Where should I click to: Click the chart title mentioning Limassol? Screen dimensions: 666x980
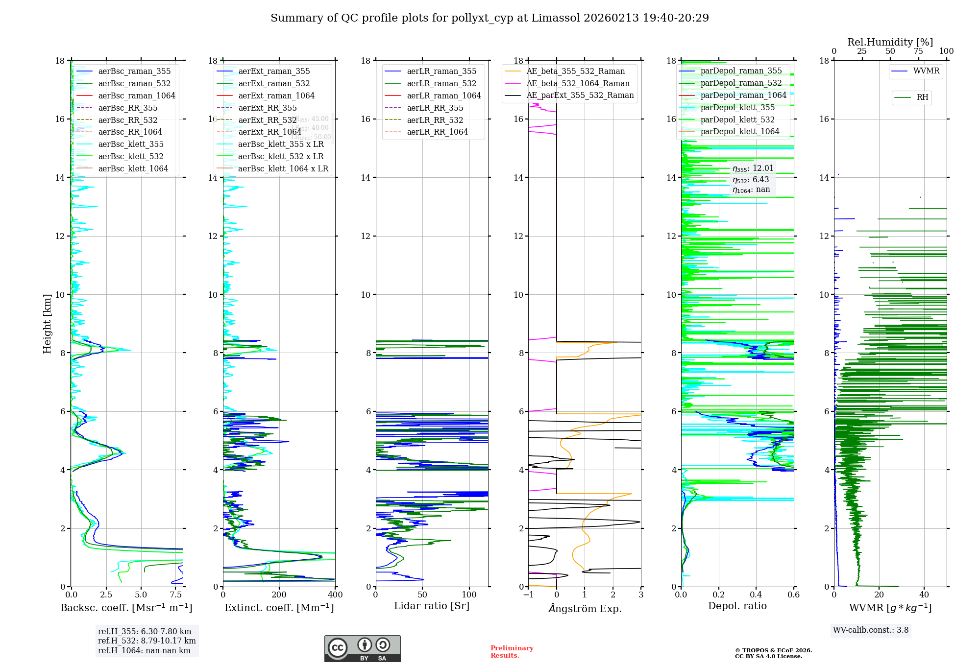[x=490, y=18]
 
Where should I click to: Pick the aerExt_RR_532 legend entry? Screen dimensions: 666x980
[x=267, y=120]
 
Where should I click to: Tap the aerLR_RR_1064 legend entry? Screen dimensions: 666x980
[x=437, y=132]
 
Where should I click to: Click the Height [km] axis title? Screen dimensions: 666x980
[x=47, y=323]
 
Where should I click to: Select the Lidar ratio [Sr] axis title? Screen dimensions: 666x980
[x=432, y=606]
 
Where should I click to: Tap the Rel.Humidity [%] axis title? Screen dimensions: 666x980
[x=890, y=42]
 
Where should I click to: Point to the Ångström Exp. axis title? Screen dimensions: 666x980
[x=585, y=608]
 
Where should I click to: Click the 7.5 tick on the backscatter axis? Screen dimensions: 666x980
[x=176, y=595]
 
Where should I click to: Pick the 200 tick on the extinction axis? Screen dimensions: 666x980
[x=279, y=595]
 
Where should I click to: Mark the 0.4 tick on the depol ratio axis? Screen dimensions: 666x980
[x=756, y=595]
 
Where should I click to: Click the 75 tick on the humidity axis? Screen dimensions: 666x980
[x=918, y=51]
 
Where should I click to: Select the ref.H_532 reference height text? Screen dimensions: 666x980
[x=147, y=641]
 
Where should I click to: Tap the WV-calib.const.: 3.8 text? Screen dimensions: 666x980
[x=871, y=630]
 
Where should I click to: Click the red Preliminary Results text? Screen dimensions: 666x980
[x=512, y=651]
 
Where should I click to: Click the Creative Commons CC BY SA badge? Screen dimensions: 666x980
[x=362, y=648]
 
